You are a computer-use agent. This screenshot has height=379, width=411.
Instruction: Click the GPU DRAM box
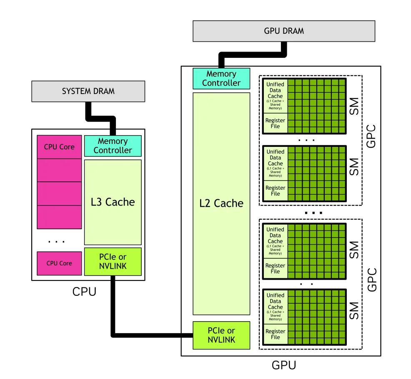pyautogui.click(x=283, y=31)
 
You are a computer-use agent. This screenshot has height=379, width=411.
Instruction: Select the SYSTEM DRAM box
pyautogui.click(x=88, y=91)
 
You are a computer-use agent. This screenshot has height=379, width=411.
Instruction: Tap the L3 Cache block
pyautogui.click(x=113, y=202)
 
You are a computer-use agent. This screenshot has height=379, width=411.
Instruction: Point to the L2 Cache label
pyautogui.click(x=221, y=203)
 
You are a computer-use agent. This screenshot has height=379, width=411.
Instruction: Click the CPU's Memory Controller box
pyautogui.click(x=113, y=146)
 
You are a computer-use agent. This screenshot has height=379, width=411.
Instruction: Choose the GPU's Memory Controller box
pyautogui.click(x=221, y=79)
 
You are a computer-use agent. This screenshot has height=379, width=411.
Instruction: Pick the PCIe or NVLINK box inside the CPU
pyautogui.click(x=113, y=262)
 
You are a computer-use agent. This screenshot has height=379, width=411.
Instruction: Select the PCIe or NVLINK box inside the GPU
pyautogui.click(x=221, y=335)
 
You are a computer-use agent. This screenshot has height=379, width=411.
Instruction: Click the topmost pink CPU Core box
pyautogui.click(x=59, y=147)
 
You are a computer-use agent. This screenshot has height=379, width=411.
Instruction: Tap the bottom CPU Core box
pyautogui.click(x=59, y=263)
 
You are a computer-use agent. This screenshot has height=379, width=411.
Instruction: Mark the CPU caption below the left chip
pyautogui.click(x=84, y=292)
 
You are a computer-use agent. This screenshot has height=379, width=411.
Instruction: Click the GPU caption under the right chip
pyautogui.click(x=284, y=365)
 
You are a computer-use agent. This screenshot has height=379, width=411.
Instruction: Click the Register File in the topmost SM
pyautogui.click(x=275, y=124)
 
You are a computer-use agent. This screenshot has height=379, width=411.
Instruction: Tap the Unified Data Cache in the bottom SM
pyautogui.click(x=275, y=307)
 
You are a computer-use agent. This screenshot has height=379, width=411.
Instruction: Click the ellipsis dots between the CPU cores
pyautogui.click(x=56, y=241)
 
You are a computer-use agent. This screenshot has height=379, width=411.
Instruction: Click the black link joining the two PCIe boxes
pyautogui.click(x=150, y=335)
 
